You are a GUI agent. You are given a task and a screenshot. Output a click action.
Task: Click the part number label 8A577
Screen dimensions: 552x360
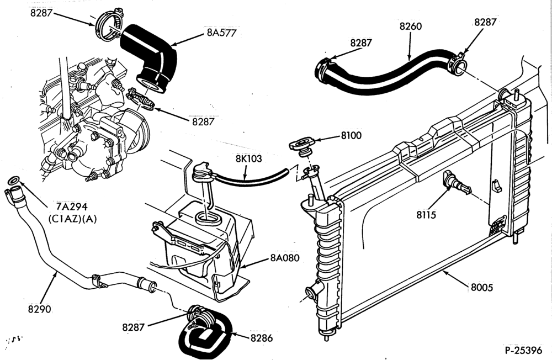coord(221,33)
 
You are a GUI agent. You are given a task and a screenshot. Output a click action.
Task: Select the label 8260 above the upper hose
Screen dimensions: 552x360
coord(411,27)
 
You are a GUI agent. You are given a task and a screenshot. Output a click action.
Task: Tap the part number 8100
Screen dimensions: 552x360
coord(351,136)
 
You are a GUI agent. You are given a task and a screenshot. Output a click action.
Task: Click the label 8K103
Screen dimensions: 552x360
coord(249,159)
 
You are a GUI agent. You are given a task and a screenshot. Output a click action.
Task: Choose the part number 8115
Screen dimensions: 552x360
coord(426,215)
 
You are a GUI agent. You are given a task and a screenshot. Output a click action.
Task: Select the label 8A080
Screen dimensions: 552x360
coord(285,258)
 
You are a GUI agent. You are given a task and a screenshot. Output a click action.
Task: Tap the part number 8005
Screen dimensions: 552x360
coord(482,288)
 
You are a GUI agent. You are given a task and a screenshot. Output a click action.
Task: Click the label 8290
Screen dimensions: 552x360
coord(39,309)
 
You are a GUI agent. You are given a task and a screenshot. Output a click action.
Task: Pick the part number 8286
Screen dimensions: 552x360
coord(262,338)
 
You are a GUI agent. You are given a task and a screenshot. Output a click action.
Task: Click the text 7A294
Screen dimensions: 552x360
coord(72,206)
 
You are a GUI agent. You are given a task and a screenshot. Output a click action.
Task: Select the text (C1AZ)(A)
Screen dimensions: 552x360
coord(72,219)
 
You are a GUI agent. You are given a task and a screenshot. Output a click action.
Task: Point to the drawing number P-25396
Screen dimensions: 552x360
coord(523,351)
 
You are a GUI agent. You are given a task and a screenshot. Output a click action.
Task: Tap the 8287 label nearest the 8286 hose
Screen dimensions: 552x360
coord(134,327)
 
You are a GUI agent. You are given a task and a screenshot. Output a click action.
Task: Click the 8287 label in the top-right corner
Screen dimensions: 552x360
coord(485,22)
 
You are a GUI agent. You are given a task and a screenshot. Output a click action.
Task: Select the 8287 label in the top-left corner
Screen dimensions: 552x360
coord(41,13)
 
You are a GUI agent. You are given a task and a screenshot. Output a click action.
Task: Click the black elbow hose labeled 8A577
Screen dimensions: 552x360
coord(150,56)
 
